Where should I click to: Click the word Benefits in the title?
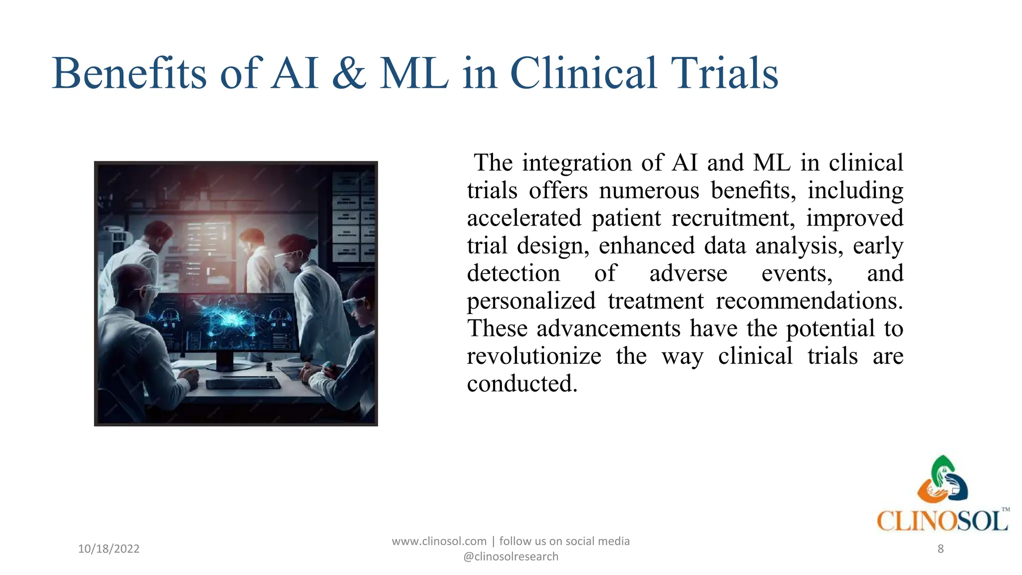[x=129, y=73]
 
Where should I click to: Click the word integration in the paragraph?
[x=577, y=163]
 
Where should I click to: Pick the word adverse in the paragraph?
[x=688, y=274]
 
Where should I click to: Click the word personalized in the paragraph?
[x=531, y=301]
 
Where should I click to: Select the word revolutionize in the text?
[x=534, y=356]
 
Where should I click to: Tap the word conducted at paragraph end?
[x=522, y=384]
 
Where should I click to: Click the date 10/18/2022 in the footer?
[x=109, y=549]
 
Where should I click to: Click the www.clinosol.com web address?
[x=439, y=541]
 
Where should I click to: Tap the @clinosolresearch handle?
[x=511, y=557]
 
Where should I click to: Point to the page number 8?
[x=940, y=549]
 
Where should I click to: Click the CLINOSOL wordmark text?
[x=942, y=521]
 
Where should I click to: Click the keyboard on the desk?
[x=243, y=383]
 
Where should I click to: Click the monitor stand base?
[x=227, y=366]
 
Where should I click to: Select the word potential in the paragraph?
[x=830, y=329]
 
